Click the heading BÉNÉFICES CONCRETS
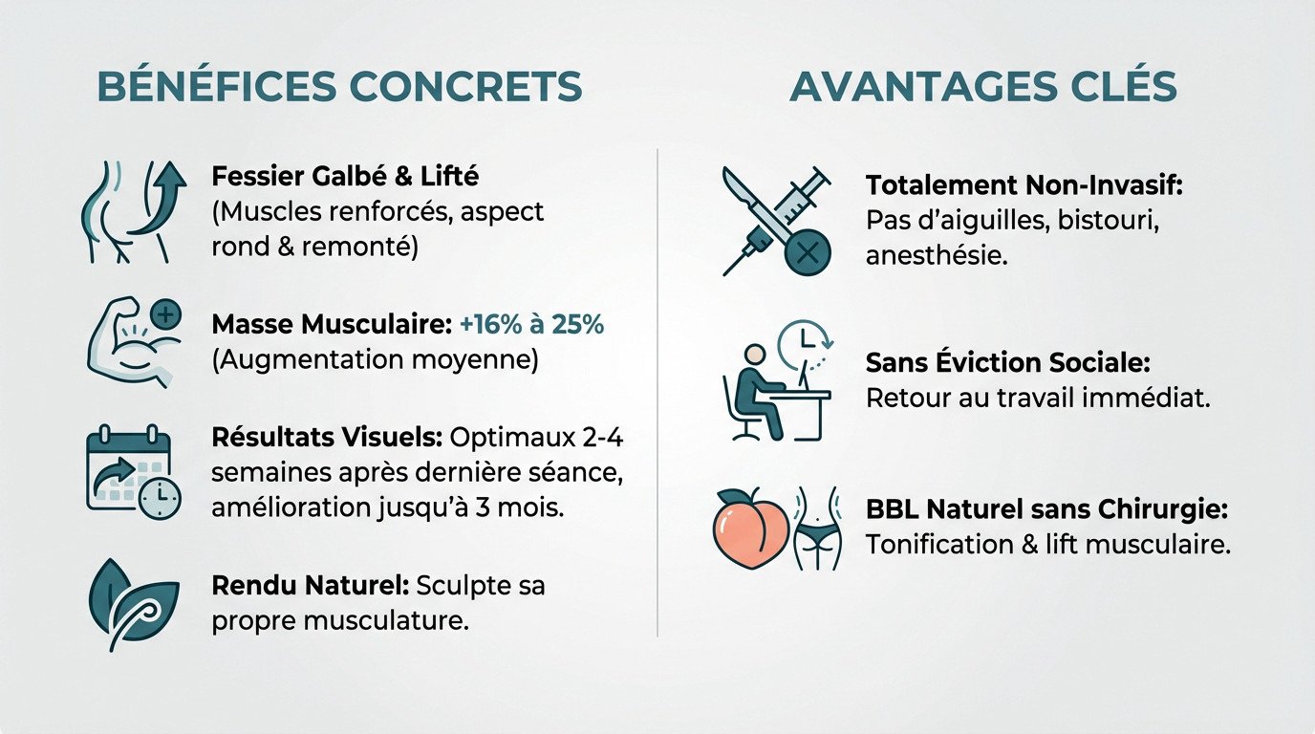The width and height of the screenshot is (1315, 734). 340,87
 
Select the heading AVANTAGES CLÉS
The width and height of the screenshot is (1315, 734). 983,87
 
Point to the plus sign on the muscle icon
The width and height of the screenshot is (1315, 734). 166,314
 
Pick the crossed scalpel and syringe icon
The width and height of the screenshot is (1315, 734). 775,221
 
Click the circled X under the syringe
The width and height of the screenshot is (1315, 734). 807,253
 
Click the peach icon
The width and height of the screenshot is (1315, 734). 750,529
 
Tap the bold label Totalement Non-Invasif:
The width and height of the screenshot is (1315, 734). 1024,185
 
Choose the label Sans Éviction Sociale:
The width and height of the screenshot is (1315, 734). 1007,363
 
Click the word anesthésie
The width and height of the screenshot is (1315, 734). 937,256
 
